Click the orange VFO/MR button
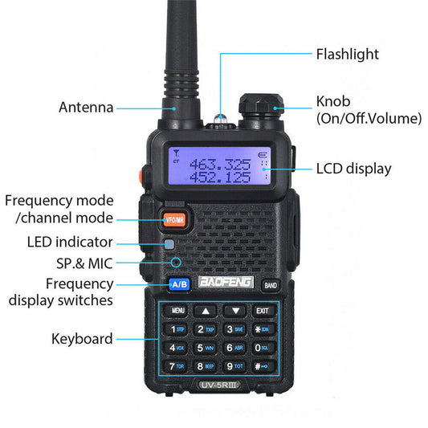174,218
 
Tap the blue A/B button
180,284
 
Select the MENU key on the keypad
177,310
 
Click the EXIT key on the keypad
262,310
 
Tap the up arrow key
206,310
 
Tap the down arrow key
234,310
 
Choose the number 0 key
263,348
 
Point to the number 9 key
234,366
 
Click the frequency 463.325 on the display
220,163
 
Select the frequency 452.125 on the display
220,177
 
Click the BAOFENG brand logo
226,283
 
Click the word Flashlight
347,55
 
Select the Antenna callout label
86,108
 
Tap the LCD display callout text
353,169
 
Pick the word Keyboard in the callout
82,339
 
